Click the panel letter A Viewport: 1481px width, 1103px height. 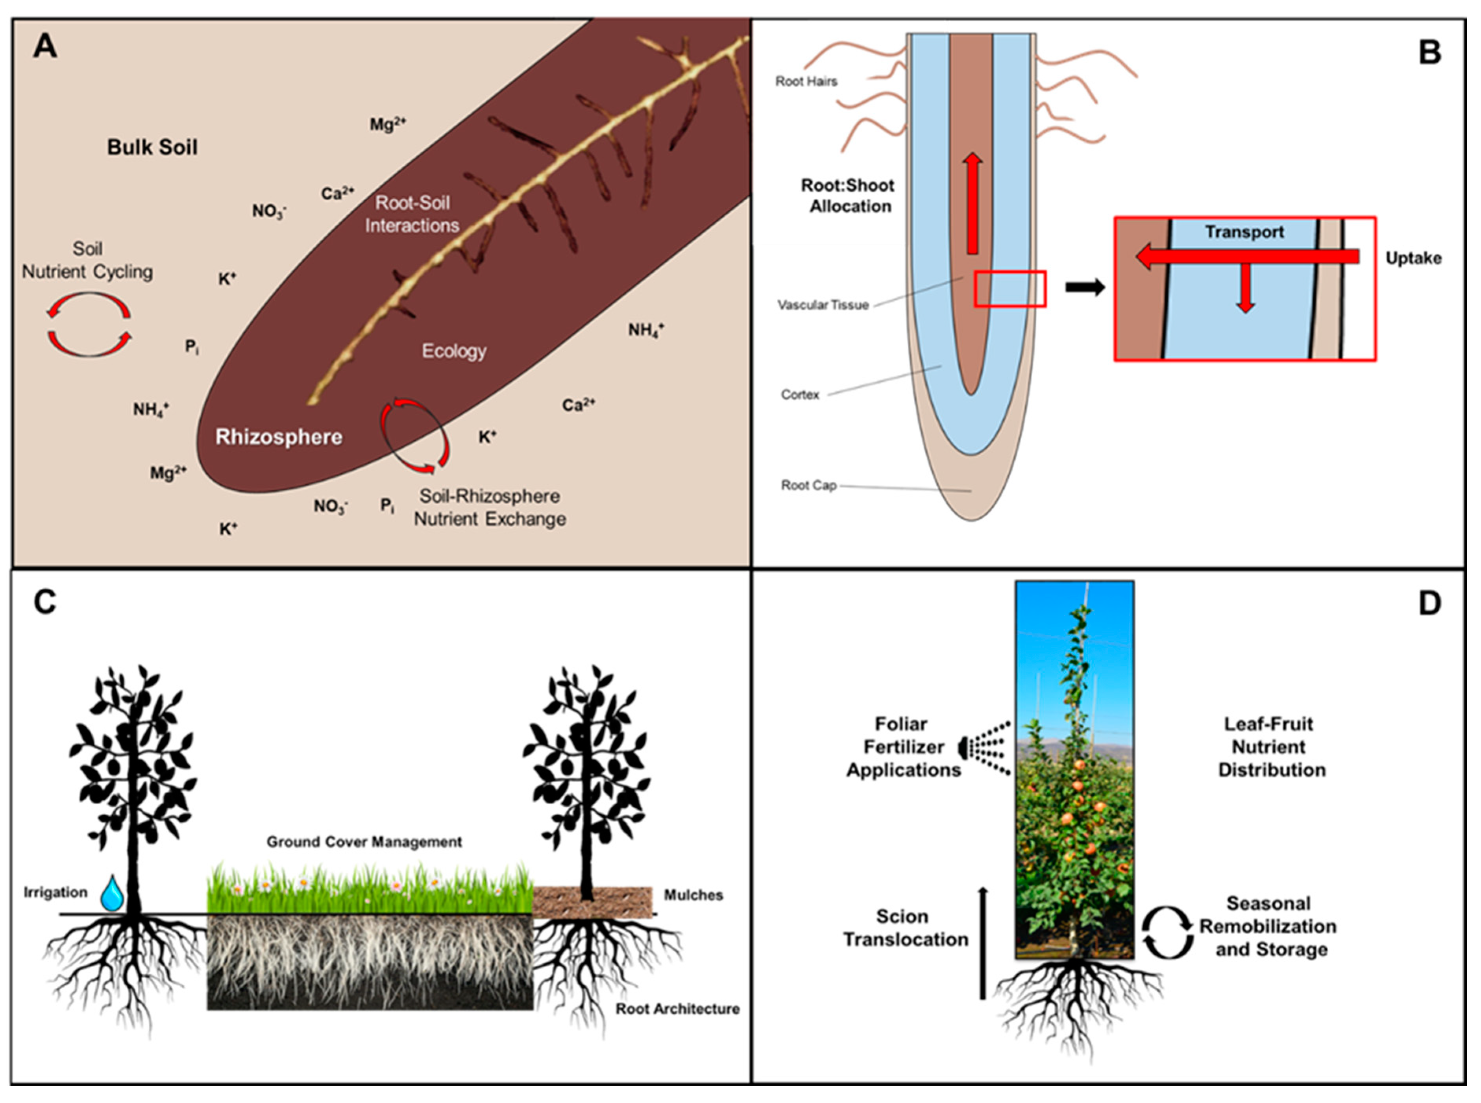click(x=45, y=47)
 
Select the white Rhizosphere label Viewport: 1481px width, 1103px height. click(x=278, y=437)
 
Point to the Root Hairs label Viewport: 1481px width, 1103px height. click(x=806, y=81)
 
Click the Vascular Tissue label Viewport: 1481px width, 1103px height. click(x=823, y=305)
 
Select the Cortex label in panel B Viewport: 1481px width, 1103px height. click(x=800, y=395)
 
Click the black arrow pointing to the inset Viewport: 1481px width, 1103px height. click(x=1084, y=288)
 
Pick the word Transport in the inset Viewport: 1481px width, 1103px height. click(x=1244, y=232)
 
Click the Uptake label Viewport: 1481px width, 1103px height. click(x=1413, y=259)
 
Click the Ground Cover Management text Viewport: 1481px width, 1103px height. click(x=364, y=842)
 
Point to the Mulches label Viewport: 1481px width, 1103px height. click(x=693, y=895)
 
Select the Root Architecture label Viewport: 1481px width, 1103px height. click(x=677, y=1009)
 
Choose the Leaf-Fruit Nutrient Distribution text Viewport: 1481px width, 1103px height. click(x=1271, y=747)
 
